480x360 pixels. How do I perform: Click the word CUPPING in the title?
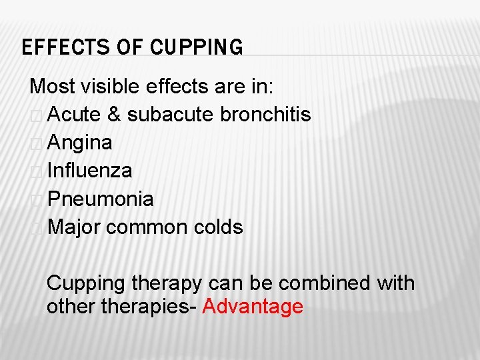point(197,48)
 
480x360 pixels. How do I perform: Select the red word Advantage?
point(253,307)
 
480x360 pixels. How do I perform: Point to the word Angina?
point(80,143)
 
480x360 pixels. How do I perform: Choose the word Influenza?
point(90,171)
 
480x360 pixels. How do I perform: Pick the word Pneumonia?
point(101,199)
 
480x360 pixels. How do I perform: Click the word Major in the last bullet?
point(74,227)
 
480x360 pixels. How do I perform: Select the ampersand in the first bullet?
point(113,115)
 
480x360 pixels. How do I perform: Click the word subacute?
point(171,115)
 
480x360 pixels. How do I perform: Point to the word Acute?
point(74,115)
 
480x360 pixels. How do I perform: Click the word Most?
point(52,87)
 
